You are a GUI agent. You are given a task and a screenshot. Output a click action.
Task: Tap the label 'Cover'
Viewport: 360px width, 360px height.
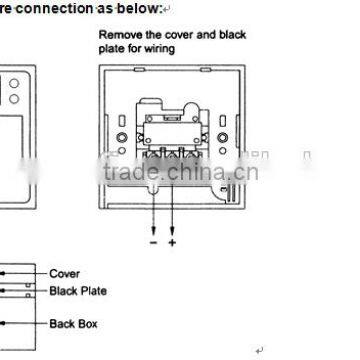[x=64, y=272]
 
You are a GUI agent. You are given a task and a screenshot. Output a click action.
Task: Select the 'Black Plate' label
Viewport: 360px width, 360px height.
[x=77, y=291]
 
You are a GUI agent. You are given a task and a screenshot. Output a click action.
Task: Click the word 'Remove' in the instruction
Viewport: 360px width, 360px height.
[x=118, y=35]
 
